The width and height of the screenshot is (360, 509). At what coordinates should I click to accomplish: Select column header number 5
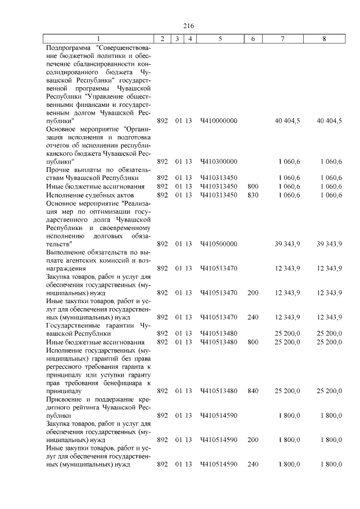(x=219, y=39)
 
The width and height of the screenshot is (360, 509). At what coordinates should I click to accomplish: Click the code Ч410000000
(x=219, y=121)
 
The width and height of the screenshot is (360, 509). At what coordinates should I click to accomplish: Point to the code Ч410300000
(x=219, y=162)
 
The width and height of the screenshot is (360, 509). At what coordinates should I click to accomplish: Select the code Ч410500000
(x=219, y=244)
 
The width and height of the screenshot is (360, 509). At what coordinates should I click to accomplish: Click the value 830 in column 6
(x=253, y=195)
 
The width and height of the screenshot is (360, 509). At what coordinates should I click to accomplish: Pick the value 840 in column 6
(x=253, y=390)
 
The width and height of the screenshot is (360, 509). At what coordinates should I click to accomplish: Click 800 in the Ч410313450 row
(x=253, y=186)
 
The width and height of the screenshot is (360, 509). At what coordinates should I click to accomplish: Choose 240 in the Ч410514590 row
(x=253, y=464)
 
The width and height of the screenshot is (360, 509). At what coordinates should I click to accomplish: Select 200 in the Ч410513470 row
(x=253, y=292)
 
